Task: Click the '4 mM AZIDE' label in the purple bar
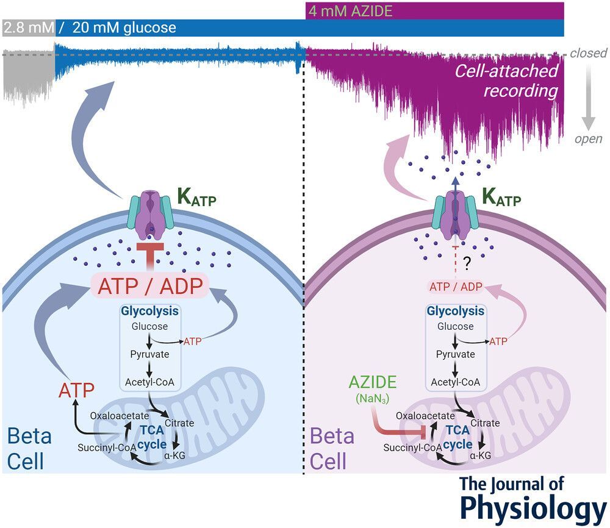coord(350,11)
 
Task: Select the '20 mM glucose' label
coord(124,28)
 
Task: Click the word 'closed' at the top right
coord(588,54)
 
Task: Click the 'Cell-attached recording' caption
coord(507,81)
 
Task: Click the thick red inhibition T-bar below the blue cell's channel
coord(149,256)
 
